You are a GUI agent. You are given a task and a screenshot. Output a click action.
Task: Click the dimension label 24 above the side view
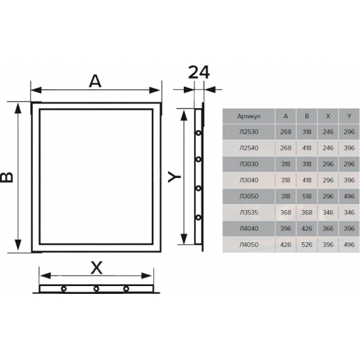[x=199, y=73]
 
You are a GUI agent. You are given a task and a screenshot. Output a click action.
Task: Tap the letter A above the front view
[x=95, y=82]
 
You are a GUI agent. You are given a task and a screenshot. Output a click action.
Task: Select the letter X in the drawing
[x=96, y=268]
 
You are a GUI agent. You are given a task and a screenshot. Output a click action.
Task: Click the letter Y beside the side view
[x=174, y=177]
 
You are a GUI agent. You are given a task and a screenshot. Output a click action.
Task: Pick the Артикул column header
[x=249, y=117]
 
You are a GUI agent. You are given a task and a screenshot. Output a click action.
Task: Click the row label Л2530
[x=249, y=132]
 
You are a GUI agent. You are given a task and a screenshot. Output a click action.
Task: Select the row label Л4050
[x=249, y=245]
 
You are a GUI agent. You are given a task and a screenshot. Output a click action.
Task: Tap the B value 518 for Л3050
[x=307, y=196]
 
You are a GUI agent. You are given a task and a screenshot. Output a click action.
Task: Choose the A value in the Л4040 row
[x=285, y=228]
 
